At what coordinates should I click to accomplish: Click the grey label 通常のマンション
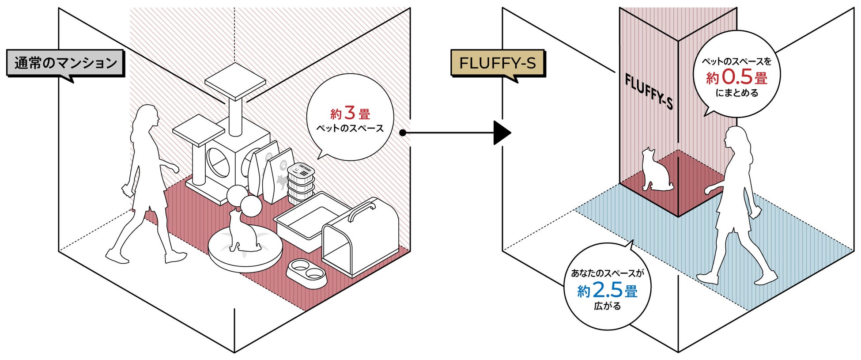pos(65,63)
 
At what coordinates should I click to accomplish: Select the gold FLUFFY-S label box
pos(498,63)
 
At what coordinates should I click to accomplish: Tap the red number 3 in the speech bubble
pos(350,113)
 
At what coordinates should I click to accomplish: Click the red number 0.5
pos(737,77)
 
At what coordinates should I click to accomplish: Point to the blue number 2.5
pos(608,290)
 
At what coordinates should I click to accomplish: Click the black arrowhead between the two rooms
pos(502,133)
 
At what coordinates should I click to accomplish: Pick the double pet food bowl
pos(307,273)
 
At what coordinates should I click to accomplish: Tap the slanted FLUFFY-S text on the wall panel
pos(649,91)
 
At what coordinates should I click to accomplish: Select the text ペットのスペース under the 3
pos(350,129)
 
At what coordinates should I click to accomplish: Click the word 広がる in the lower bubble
pos(608,306)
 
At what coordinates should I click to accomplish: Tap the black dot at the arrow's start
pos(402,133)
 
